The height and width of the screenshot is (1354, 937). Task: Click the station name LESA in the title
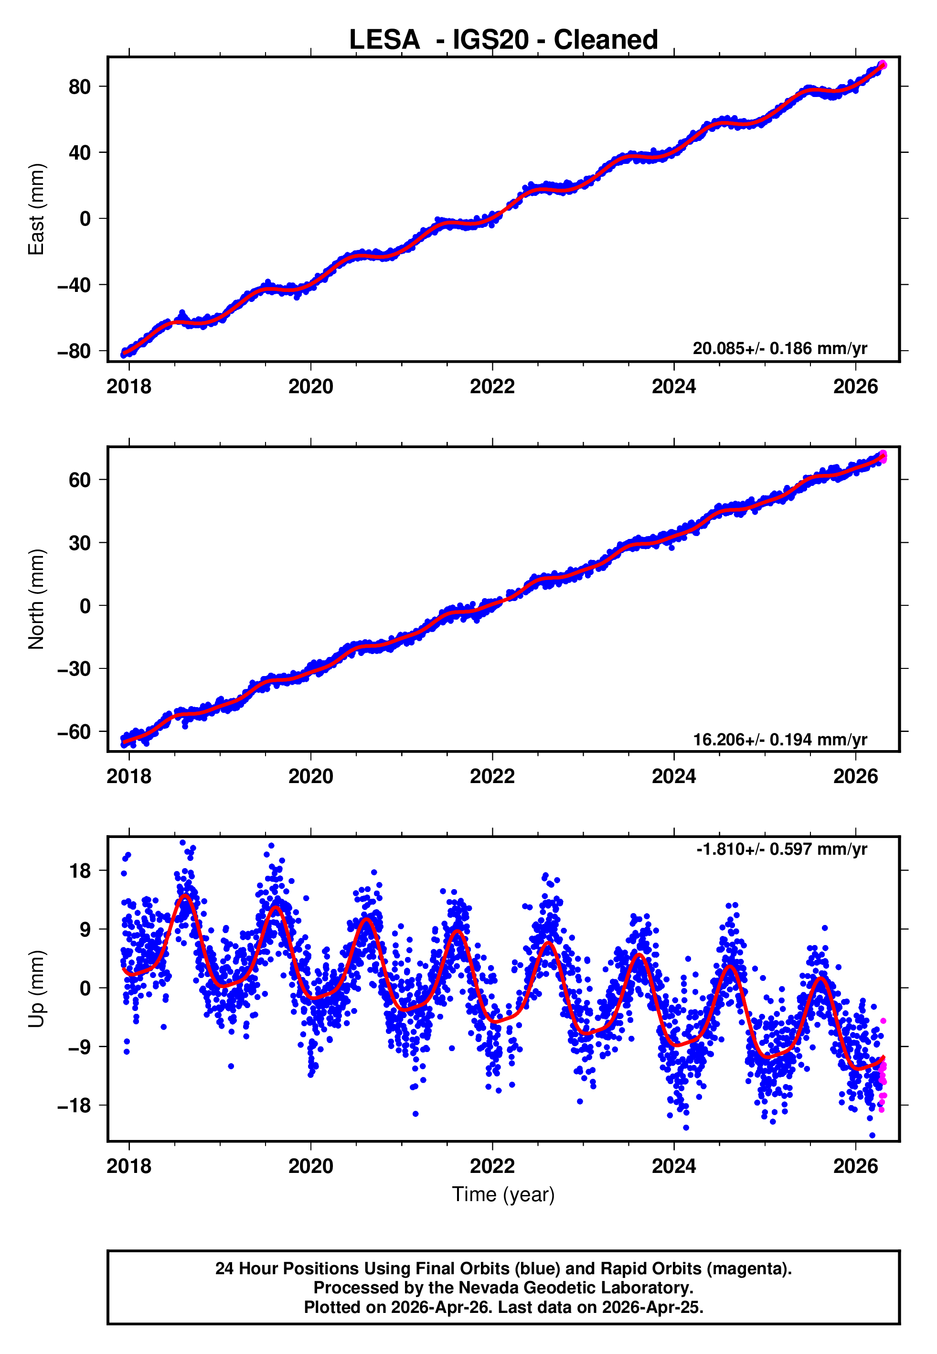tap(384, 40)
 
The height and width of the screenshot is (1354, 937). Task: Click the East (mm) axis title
tap(36, 209)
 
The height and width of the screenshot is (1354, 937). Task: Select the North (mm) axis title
tap(36, 599)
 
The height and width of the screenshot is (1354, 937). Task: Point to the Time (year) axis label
tap(503, 1194)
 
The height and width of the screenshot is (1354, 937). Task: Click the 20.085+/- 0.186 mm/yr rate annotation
tap(780, 349)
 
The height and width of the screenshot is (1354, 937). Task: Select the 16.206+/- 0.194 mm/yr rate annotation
tap(780, 739)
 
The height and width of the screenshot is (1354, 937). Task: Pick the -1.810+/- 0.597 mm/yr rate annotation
tap(781, 849)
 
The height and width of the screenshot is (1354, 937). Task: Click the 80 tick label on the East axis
tap(80, 87)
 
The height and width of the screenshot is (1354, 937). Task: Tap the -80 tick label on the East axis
tap(74, 351)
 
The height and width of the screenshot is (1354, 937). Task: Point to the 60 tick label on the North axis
tap(80, 480)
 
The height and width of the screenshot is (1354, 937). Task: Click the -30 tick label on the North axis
tap(74, 669)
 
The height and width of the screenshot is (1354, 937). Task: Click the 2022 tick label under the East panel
tap(492, 387)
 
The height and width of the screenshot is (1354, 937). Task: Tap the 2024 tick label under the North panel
tap(673, 776)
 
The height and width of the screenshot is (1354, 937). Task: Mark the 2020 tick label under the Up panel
tap(310, 1166)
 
